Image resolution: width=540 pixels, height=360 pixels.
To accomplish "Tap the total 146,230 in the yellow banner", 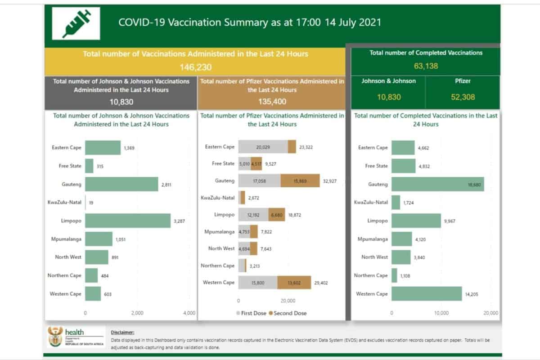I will click(x=195, y=67).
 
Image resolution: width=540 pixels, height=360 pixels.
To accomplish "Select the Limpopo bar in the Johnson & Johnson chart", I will click(x=128, y=220).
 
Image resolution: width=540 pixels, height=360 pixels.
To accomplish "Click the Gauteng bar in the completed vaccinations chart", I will click(x=437, y=184).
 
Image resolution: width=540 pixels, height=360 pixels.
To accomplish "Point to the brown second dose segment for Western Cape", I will click(x=294, y=282).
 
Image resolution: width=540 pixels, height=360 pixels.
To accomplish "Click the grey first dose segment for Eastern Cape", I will click(x=263, y=147).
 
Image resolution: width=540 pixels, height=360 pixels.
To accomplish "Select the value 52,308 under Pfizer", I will click(x=463, y=97).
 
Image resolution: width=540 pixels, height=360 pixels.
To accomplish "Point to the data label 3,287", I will click(x=179, y=221).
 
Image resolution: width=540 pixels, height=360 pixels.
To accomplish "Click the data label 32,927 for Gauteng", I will click(x=329, y=181).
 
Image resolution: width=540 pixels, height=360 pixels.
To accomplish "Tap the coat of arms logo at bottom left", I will click(x=54, y=337).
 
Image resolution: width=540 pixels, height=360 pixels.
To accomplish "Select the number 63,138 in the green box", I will click(x=426, y=66).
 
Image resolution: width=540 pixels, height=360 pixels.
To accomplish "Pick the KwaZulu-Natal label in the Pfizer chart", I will click(x=218, y=198).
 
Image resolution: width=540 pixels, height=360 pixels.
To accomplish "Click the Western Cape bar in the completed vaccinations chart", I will click(x=427, y=293).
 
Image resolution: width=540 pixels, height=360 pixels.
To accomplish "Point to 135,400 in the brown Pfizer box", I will click(x=272, y=102).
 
